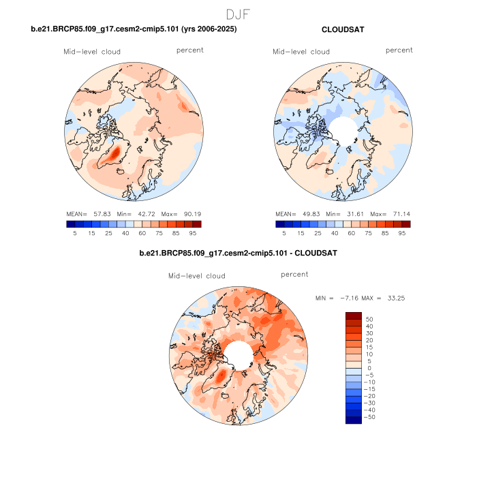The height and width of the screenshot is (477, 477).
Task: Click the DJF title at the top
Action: pyautogui.click(x=238, y=14)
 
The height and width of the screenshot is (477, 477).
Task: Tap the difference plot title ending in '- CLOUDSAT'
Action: pyautogui.click(x=238, y=253)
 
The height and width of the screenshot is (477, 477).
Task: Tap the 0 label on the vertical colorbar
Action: pyautogui.click(x=369, y=368)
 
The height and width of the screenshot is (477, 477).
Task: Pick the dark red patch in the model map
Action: pyautogui.click(x=116, y=152)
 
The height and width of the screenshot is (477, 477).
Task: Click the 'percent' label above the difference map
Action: pyautogui.click(x=294, y=274)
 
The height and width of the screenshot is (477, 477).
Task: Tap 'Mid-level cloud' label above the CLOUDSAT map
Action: pyautogui.click(x=301, y=52)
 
